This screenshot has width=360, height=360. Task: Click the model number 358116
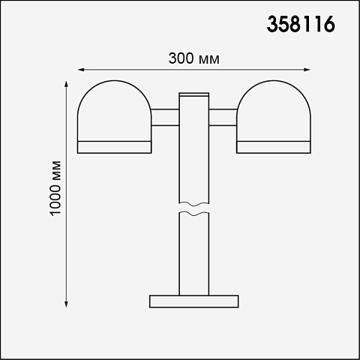pyautogui.click(x=301, y=24)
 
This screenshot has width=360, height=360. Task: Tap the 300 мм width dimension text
pyautogui.click(x=194, y=58)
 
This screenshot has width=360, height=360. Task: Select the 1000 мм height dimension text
pyautogui.click(x=55, y=188)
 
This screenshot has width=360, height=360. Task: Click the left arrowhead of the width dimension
pyautogui.click(x=80, y=70)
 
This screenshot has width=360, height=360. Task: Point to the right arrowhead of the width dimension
pyautogui.click(x=307, y=70)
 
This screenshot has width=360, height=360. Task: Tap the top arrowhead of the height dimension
pyautogui.click(x=66, y=84)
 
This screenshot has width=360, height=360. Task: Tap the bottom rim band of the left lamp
pyautogui.click(x=115, y=147)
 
